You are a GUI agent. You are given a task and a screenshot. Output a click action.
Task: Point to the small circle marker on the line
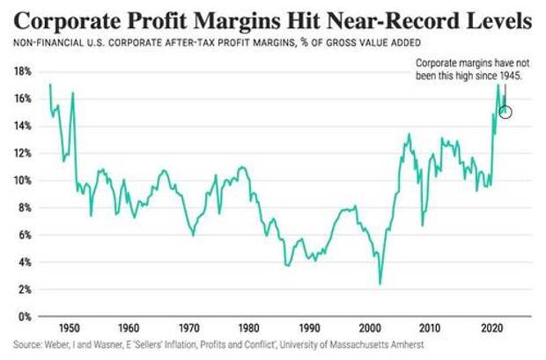coord(505,111)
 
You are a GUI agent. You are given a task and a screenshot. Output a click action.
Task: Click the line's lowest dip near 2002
coord(380,283)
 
